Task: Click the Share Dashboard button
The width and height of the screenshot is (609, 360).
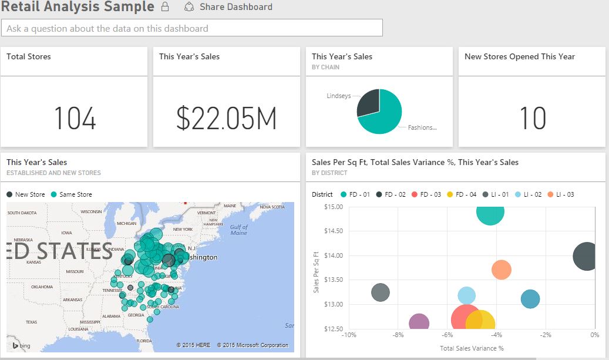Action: [x=228, y=7]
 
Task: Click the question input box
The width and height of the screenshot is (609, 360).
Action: [x=192, y=28]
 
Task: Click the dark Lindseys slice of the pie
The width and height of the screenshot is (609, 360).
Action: [x=369, y=102]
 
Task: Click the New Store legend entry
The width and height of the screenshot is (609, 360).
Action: [x=26, y=194]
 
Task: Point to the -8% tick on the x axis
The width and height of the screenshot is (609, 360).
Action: [x=398, y=335]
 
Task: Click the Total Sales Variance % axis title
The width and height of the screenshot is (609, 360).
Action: [x=472, y=348]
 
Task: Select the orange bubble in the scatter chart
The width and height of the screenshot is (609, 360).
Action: [x=501, y=270]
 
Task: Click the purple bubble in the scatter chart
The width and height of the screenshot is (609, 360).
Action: [x=419, y=322]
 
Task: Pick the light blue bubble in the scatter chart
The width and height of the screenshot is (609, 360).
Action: [x=466, y=296]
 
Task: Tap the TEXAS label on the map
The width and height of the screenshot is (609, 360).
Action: [x=31, y=322]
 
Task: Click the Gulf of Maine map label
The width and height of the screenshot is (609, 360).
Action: [x=238, y=230]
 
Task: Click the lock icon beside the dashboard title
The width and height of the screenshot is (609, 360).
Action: [x=165, y=7]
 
